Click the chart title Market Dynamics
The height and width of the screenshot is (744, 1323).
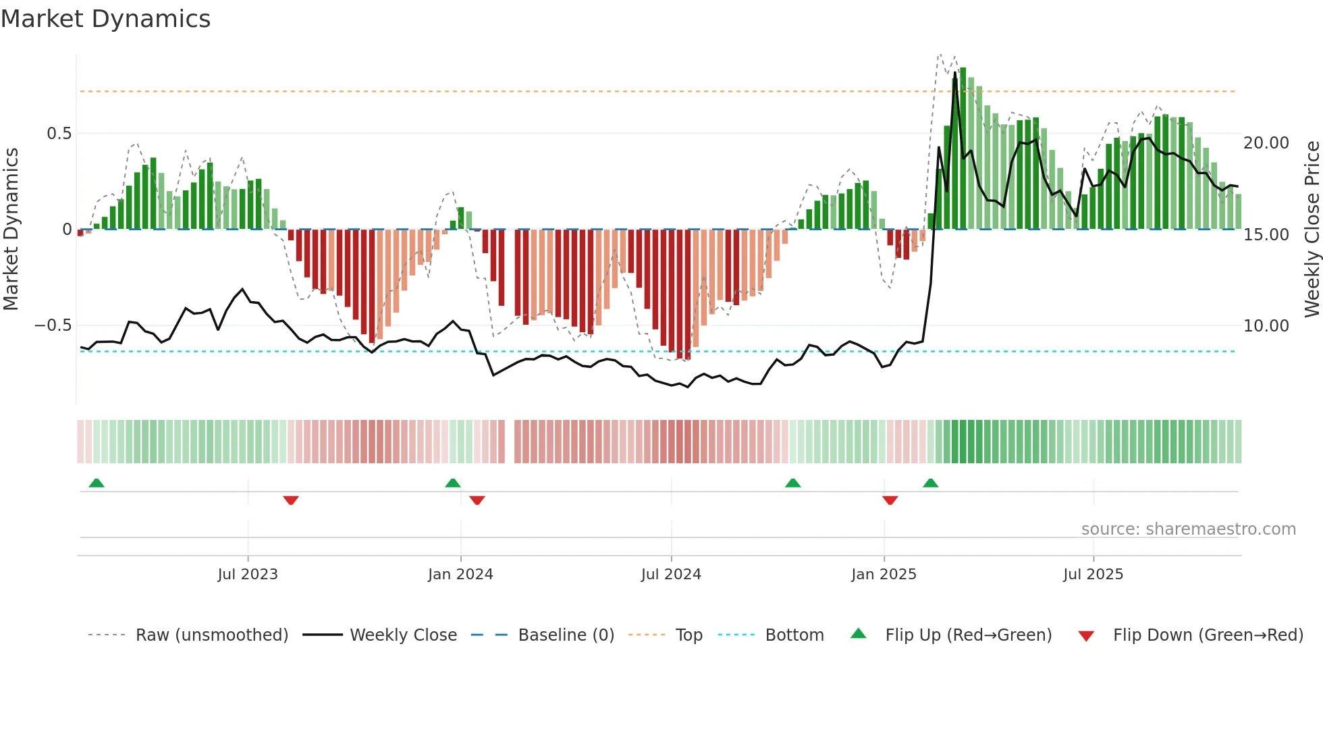click(105, 19)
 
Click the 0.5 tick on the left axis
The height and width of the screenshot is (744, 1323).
click(59, 134)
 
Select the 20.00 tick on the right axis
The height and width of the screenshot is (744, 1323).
click(1266, 143)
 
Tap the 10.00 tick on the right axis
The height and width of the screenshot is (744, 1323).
click(1266, 326)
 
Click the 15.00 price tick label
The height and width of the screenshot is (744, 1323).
click(1266, 235)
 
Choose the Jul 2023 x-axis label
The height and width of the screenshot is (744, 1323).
click(248, 575)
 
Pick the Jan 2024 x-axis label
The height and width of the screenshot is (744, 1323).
click(460, 575)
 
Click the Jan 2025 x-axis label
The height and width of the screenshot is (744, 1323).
click(884, 575)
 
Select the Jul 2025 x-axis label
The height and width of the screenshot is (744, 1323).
click(1093, 575)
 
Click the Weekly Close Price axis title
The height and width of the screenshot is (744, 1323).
click(1312, 230)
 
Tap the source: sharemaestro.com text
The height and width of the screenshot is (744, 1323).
click(1188, 529)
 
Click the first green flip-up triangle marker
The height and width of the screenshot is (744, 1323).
click(97, 483)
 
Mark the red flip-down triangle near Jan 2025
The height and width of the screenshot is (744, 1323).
click(890, 500)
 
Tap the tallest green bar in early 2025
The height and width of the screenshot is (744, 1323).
click(963, 149)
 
